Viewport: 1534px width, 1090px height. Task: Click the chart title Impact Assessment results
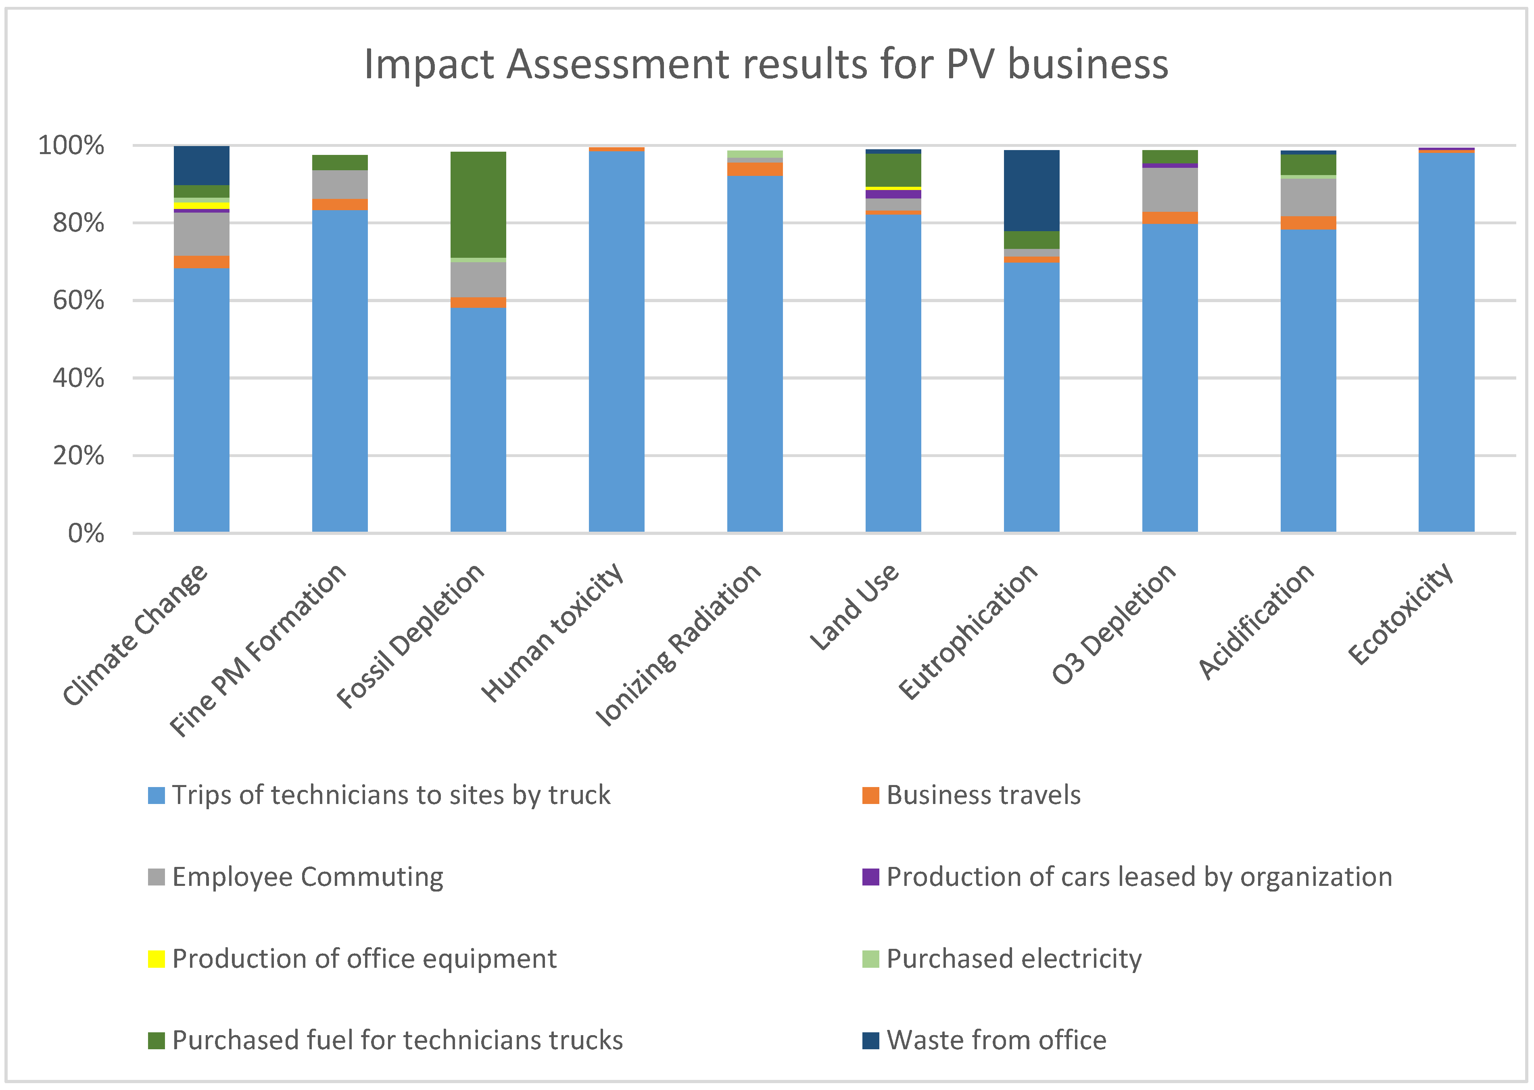tap(766, 65)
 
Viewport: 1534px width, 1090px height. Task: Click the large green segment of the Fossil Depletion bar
tap(478, 204)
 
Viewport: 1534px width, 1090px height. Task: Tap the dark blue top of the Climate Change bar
tap(201, 165)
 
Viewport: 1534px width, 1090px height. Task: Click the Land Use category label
tap(854, 608)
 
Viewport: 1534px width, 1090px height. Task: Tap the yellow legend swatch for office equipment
tap(157, 958)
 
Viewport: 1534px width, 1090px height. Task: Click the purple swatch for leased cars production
tap(870, 877)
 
